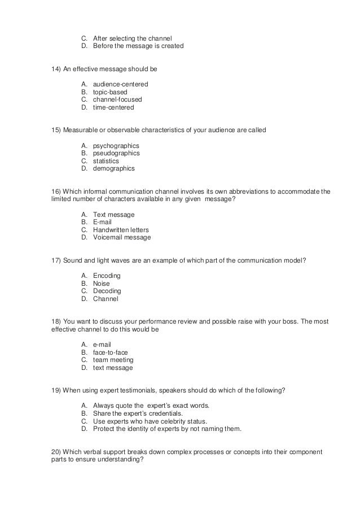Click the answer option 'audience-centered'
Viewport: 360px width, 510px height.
tap(120, 84)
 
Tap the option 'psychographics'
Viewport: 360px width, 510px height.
tap(116, 146)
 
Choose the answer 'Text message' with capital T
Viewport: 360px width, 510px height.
tap(113, 215)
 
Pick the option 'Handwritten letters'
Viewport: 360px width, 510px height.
tap(121, 230)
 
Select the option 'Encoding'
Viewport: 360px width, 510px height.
tap(107, 276)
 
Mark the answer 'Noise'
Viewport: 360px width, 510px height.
tap(102, 284)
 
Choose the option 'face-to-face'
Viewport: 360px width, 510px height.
tap(110, 352)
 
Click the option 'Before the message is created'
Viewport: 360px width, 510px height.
tap(138, 46)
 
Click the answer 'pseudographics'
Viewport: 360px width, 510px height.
tap(116, 153)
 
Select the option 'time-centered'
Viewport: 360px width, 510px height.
tap(113, 107)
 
